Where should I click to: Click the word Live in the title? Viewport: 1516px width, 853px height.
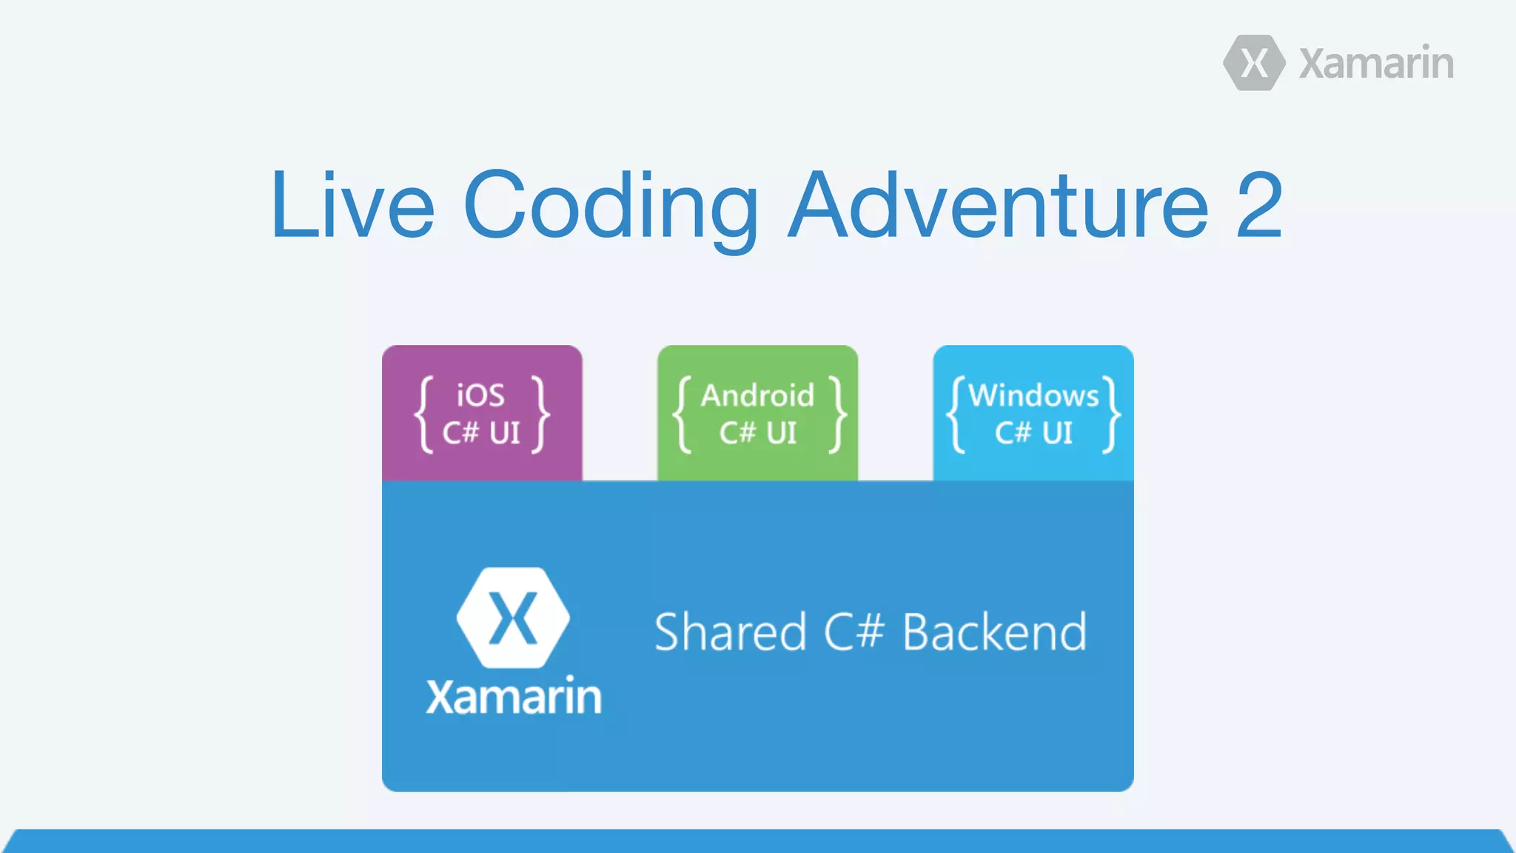pyautogui.click(x=352, y=206)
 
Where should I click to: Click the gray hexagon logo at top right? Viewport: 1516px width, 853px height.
pyautogui.click(x=1254, y=63)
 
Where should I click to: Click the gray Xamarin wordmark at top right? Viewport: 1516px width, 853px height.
pyautogui.click(x=1376, y=64)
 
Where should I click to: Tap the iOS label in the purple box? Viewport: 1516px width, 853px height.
pyautogui.click(x=480, y=395)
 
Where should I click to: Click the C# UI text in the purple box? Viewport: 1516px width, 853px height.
pyautogui.click(x=482, y=433)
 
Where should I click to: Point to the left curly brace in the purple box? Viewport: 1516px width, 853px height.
pyautogui.click(x=423, y=415)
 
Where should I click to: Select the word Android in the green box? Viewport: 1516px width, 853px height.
pyautogui.click(x=757, y=395)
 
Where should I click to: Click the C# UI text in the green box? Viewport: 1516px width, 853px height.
pyautogui.click(x=757, y=433)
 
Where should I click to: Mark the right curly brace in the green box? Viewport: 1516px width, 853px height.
pyautogui.click(x=837, y=415)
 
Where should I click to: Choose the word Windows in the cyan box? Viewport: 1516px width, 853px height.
pyautogui.click(x=1033, y=395)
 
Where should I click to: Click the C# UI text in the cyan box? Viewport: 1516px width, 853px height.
pyautogui.click(x=1033, y=433)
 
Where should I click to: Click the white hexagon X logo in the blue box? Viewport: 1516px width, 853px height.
pyautogui.click(x=513, y=618)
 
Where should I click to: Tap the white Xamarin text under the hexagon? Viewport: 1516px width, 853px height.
pyautogui.click(x=514, y=697)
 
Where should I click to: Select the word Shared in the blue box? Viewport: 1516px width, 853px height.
pyautogui.click(x=730, y=633)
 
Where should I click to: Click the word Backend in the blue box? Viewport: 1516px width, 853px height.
pyautogui.click(x=995, y=633)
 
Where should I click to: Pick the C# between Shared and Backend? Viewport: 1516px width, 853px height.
pyautogui.click(x=853, y=633)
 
